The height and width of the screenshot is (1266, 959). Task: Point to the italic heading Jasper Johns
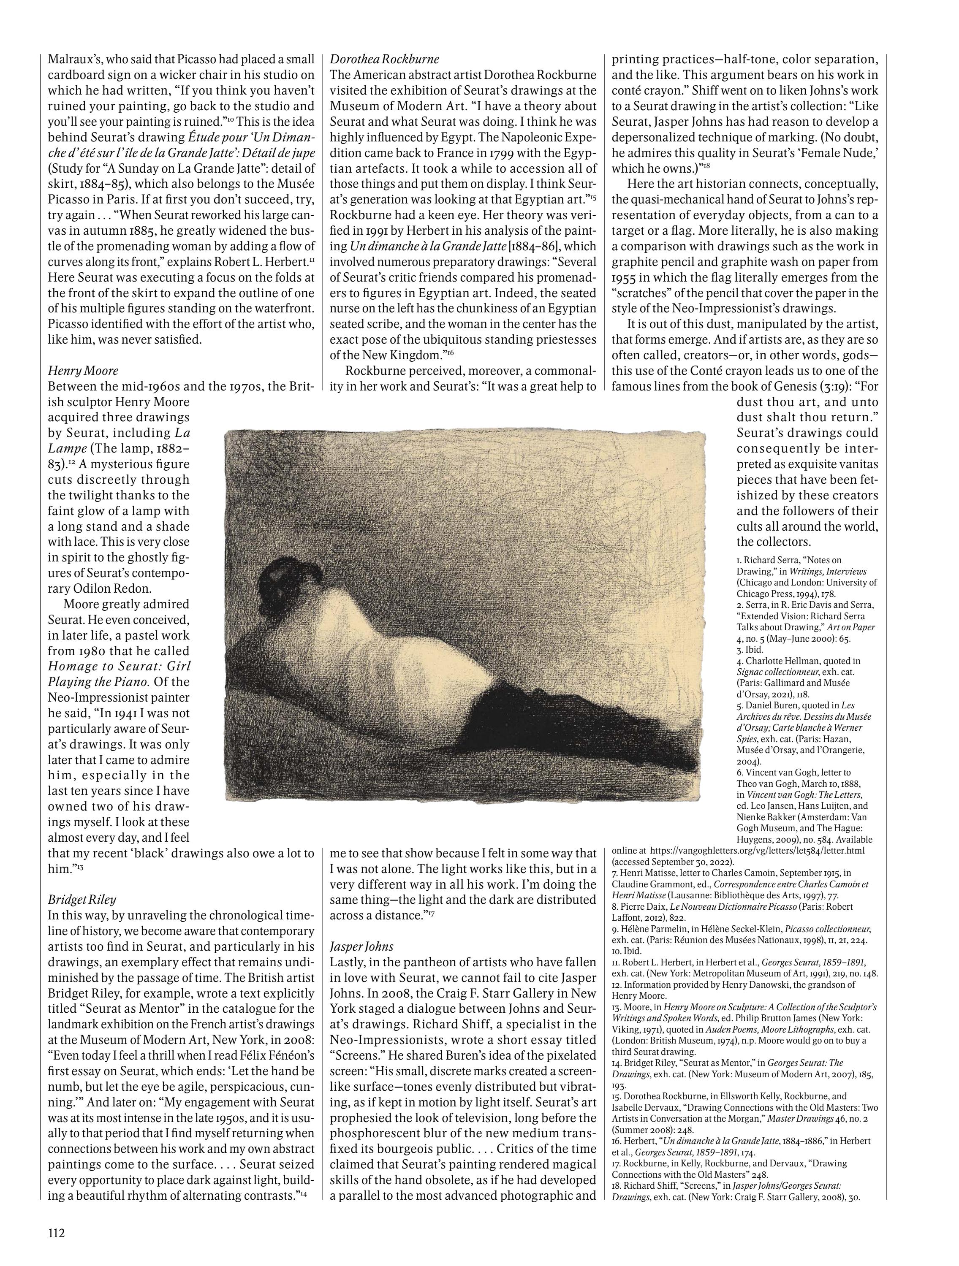click(362, 946)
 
